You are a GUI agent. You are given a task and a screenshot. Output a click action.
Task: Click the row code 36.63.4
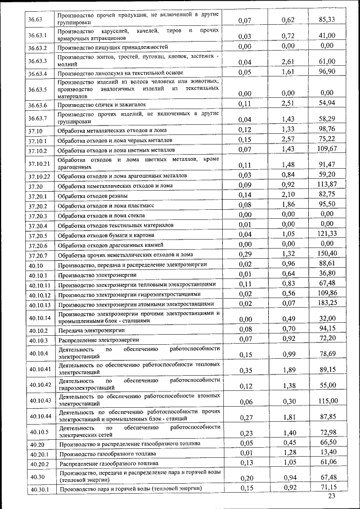(37, 73)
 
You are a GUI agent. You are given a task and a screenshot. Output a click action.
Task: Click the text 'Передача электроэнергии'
(92, 330)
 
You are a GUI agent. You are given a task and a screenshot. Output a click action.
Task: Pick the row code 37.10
(35, 130)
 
